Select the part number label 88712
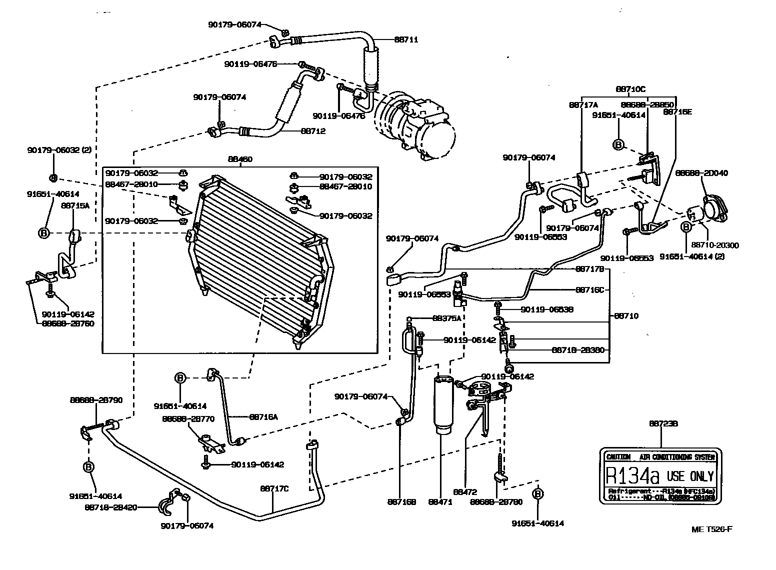click(x=313, y=131)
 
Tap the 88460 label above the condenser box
click(x=240, y=159)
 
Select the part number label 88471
click(x=440, y=502)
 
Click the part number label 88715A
click(x=75, y=204)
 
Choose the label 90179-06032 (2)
click(x=59, y=149)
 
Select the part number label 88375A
click(x=447, y=317)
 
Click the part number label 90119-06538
click(x=547, y=309)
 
